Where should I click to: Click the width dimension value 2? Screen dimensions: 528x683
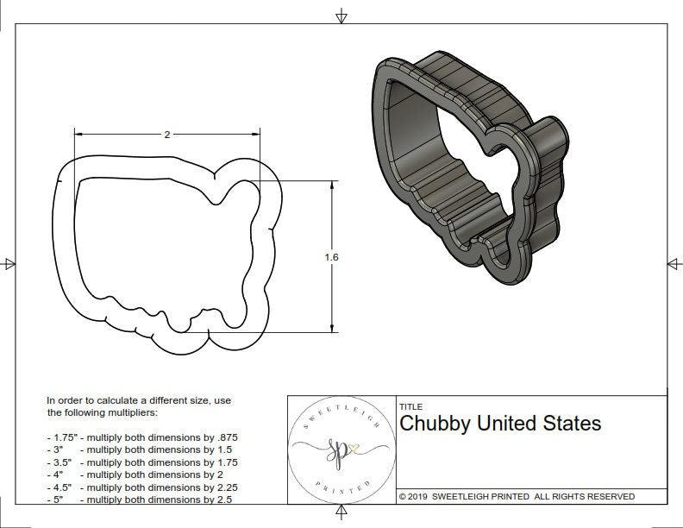pyautogui.click(x=166, y=135)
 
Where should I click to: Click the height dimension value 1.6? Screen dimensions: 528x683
pyautogui.click(x=332, y=256)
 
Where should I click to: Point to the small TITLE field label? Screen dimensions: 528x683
pyautogui.click(x=410, y=406)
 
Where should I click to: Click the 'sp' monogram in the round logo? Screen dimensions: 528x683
pyautogui.click(x=339, y=449)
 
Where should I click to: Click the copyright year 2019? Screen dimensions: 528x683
pyautogui.click(x=418, y=496)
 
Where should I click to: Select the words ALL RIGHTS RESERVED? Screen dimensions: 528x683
pyautogui.click(x=587, y=496)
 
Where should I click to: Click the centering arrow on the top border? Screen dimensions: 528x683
pyautogui.click(x=341, y=16)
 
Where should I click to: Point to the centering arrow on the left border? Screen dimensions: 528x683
pyautogui.click(x=9, y=263)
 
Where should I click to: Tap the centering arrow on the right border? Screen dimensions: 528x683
pyautogui.click(x=674, y=263)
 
